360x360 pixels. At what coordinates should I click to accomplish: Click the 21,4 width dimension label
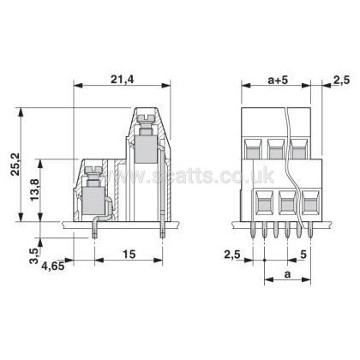pos(122,80)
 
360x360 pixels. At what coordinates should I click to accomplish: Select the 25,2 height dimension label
pos(15,164)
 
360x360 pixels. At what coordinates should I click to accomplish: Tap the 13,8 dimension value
pos(35,190)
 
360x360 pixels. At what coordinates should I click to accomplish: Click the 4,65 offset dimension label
pos(53,267)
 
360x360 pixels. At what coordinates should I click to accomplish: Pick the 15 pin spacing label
pos(129,254)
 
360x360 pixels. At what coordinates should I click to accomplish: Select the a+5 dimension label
pos(278,81)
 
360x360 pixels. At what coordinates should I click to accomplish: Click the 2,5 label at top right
pos(342,81)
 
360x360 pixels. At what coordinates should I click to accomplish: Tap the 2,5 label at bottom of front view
pos(232,254)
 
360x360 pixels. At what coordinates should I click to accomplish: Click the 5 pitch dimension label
pos(303,254)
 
